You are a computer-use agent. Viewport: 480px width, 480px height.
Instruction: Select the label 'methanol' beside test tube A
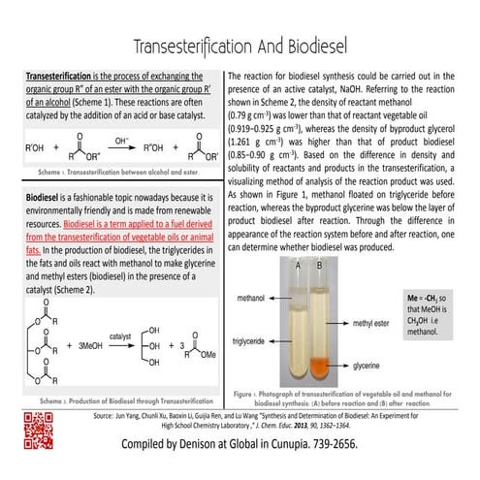tap(256, 290)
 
